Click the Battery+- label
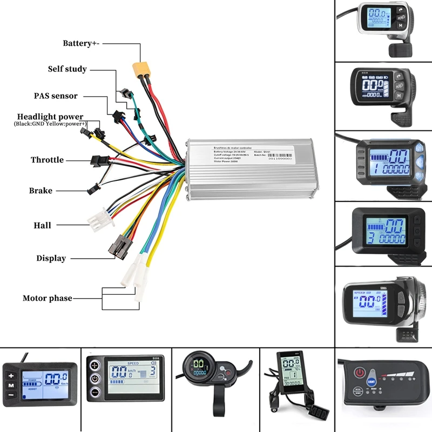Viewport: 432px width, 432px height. [x=85, y=43]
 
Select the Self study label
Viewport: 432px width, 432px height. [x=67, y=69]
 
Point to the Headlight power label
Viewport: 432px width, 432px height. [x=50, y=117]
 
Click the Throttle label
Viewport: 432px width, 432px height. [x=47, y=160]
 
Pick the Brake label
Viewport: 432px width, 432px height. [x=40, y=191]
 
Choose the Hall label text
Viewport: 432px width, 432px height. [x=43, y=225]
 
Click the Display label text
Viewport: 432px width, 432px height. [x=51, y=258]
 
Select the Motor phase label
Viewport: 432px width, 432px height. [x=47, y=298]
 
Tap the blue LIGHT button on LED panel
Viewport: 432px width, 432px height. [x=373, y=380]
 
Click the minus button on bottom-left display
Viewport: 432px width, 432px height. [x=10, y=396]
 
